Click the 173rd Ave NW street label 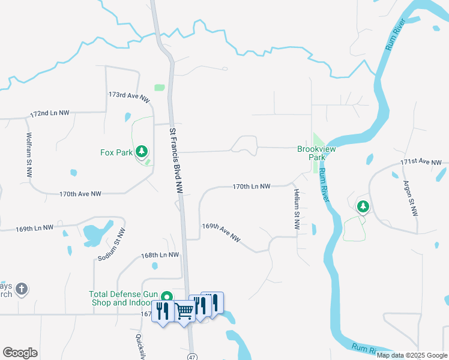point(129,98)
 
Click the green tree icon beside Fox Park point(142,152)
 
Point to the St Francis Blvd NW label point(175,160)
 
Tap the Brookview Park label point(312,153)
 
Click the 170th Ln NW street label point(252,187)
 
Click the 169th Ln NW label point(36,229)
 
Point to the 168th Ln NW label point(160,255)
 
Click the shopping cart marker point(185,311)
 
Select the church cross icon point(21,290)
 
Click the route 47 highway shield point(191,355)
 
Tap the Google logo point(20,353)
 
